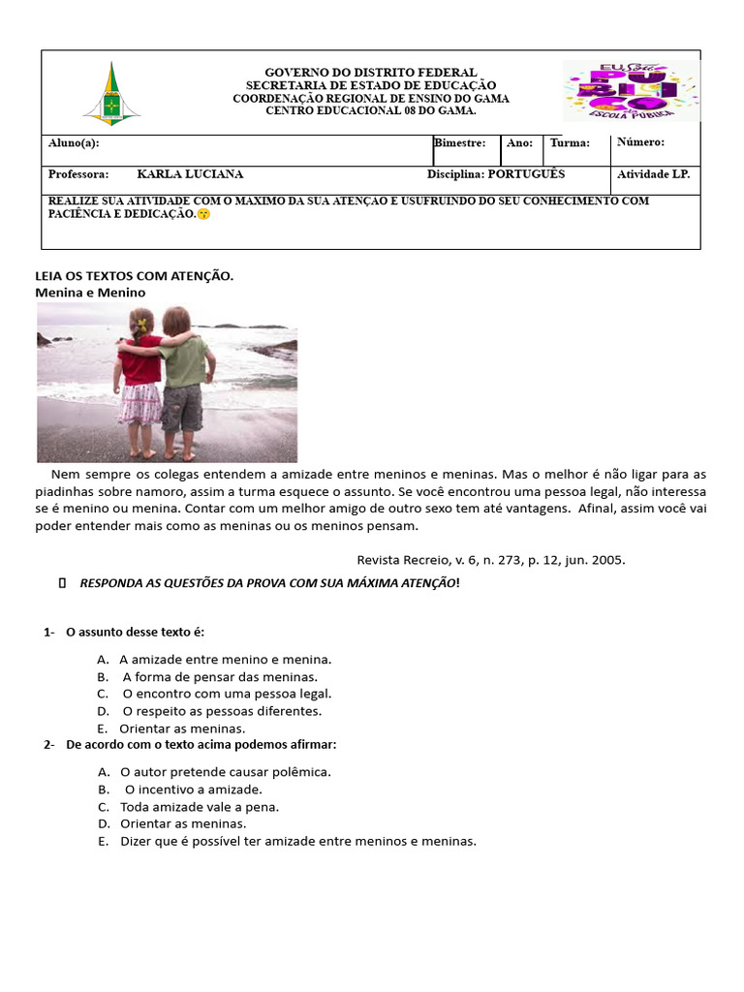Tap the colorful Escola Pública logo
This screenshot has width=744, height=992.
631,90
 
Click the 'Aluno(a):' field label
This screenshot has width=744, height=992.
74,143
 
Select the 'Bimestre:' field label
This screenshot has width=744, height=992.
460,143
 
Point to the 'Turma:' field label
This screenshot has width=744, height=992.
570,143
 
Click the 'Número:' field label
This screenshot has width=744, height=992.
640,142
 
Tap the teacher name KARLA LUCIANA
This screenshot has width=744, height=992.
190,174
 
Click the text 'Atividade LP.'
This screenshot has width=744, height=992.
653,174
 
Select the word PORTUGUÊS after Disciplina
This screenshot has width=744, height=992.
526,174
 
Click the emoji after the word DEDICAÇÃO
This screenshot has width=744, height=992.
202,214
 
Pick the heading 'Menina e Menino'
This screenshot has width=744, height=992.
90,292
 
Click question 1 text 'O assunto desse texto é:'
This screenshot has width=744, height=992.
136,632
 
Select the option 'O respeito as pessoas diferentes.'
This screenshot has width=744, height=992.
222,711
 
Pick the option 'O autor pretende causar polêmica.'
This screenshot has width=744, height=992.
226,772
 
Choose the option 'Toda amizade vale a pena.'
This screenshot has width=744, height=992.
200,807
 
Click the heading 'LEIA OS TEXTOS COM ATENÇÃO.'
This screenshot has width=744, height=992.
135,276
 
